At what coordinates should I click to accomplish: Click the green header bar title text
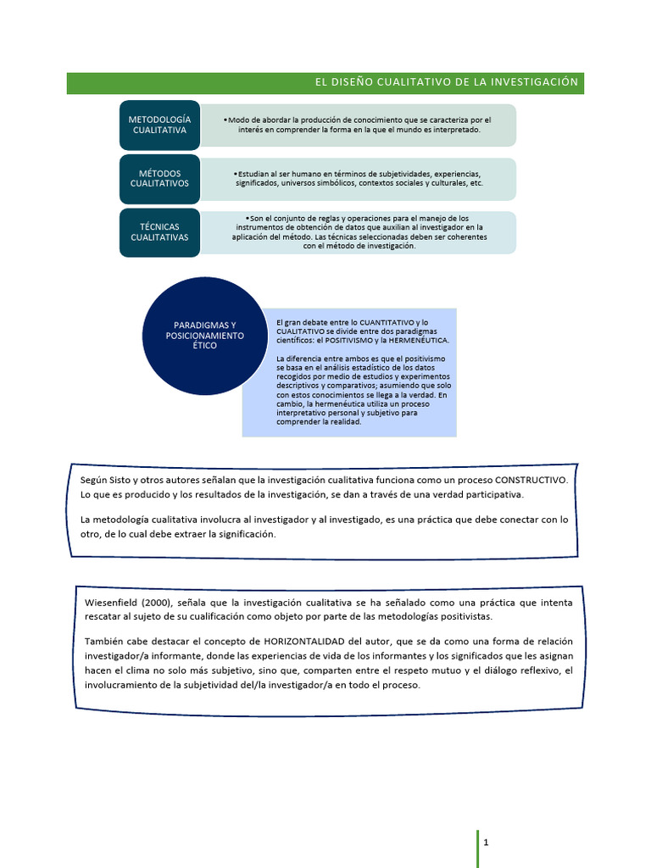point(447,82)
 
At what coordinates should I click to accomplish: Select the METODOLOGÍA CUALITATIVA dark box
point(159,125)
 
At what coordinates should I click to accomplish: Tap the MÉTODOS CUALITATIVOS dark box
point(159,178)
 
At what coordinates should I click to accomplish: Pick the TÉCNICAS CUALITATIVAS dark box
point(159,232)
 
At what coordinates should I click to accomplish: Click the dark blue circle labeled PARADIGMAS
point(204,336)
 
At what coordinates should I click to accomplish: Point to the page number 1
point(487,843)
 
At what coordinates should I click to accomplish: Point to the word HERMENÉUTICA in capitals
point(418,340)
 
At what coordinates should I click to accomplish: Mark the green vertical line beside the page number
point(476,849)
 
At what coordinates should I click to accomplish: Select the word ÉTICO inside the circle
point(204,346)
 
